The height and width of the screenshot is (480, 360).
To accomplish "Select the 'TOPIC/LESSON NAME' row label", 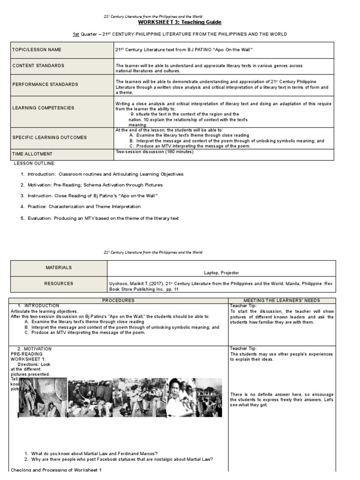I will click(x=37, y=50).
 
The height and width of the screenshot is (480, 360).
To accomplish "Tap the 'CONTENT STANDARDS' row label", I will click(x=38, y=66).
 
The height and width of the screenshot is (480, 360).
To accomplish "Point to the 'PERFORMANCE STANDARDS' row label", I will click(x=45, y=84).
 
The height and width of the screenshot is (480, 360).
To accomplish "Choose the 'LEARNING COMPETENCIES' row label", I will click(x=43, y=108).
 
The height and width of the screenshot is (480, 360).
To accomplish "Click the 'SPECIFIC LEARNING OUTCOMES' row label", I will click(x=50, y=137).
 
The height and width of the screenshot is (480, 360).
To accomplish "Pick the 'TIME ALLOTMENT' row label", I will click(x=32, y=154).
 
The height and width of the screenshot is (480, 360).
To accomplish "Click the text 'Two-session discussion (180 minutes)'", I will click(x=154, y=151).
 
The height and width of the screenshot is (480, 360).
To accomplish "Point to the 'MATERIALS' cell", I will click(x=59, y=268).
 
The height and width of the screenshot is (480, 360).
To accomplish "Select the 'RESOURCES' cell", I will click(x=59, y=284).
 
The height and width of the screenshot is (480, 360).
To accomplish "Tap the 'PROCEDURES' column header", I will click(x=119, y=300).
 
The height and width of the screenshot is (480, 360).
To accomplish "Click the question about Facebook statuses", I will click(x=122, y=459).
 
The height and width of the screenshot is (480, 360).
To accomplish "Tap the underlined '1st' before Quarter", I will click(x=75, y=34).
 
